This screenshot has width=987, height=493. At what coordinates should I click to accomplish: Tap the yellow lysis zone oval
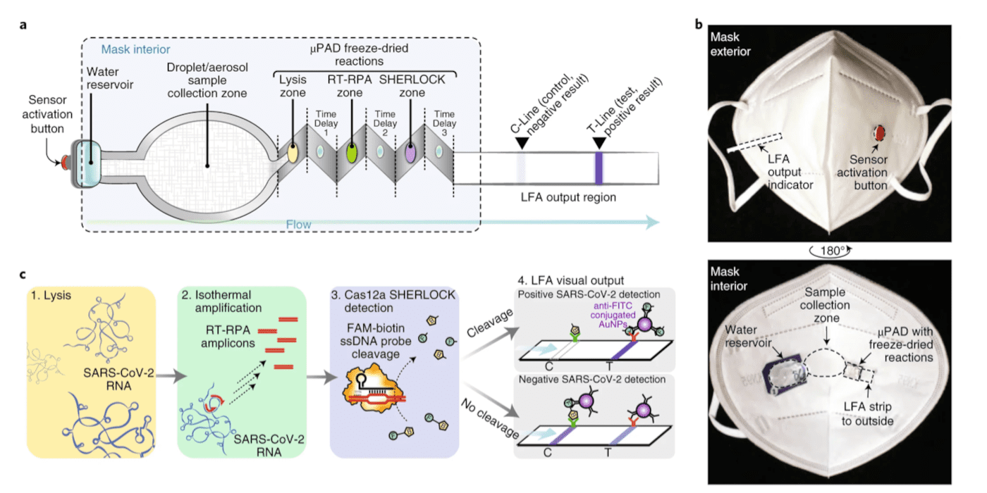point(290,151)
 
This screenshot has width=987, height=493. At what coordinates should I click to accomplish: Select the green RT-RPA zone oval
point(350,151)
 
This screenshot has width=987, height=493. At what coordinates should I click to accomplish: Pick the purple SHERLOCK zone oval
point(410,151)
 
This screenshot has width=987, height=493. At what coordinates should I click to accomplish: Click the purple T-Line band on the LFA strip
point(599,169)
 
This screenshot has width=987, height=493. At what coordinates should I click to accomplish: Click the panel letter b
point(699,25)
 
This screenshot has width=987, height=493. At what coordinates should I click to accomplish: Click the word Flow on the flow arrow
point(298,225)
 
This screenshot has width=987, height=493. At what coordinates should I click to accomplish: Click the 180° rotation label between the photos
point(838,249)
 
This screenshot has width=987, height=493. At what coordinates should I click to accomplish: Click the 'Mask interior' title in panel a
point(135,50)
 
